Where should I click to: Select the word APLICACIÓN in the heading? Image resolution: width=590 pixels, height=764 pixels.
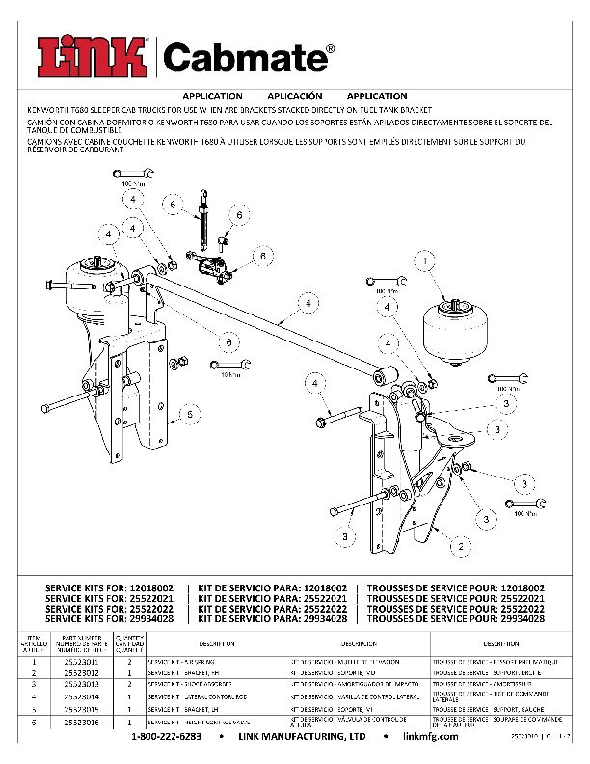tap(294, 96)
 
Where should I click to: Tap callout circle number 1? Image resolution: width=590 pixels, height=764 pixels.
tap(422, 260)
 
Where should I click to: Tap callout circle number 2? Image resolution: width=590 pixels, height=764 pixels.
tap(464, 545)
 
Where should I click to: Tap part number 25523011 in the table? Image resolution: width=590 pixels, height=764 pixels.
tap(81, 663)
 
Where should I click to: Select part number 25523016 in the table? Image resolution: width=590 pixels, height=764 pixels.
tap(81, 721)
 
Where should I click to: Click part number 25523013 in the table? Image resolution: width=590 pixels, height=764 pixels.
tap(81, 686)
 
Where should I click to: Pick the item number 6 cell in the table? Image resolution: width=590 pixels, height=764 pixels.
tap(33, 721)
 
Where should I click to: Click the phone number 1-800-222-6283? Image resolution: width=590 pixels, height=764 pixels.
tap(166, 736)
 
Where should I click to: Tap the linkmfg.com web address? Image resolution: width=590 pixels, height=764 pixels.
tap(425, 736)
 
